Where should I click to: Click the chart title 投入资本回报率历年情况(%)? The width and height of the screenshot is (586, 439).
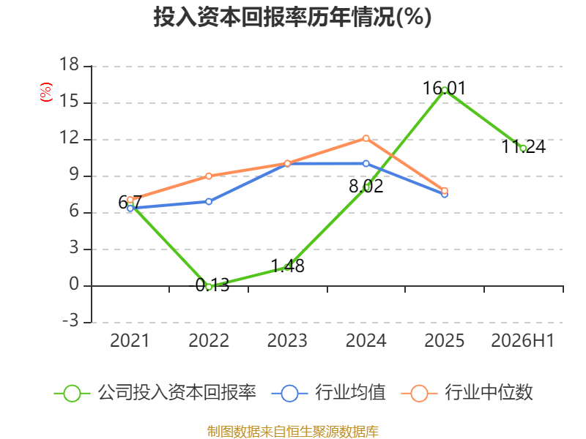point(292,17)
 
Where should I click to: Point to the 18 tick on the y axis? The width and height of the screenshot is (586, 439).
point(70,64)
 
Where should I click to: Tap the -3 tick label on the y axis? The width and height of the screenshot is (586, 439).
point(70,320)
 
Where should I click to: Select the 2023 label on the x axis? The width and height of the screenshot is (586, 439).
point(287,340)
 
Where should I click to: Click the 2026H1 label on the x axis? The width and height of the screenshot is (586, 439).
point(522,340)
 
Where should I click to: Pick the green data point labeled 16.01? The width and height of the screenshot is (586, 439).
point(445,90)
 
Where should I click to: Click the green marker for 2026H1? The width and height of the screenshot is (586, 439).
point(523,149)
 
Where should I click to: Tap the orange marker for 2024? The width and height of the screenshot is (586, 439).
point(366,138)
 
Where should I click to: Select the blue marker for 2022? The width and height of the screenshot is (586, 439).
point(209,202)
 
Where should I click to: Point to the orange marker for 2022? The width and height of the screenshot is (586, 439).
point(209,176)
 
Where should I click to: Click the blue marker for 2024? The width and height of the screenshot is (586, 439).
point(366,163)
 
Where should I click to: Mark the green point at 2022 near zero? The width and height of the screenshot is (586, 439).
point(209,287)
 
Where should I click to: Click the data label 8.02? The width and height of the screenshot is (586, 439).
point(366,187)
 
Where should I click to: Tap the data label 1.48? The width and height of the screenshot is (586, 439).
point(287,266)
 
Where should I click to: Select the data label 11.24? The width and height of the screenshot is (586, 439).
point(523,147)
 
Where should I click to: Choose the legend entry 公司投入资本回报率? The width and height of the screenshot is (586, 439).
point(155,393)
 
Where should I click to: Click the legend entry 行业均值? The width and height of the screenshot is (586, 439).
point(328,393)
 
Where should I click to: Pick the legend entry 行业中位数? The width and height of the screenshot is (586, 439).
point(467,393)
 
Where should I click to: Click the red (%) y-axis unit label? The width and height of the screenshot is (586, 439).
point(46,92)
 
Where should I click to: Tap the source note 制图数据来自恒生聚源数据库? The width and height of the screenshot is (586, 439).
point(292,432)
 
